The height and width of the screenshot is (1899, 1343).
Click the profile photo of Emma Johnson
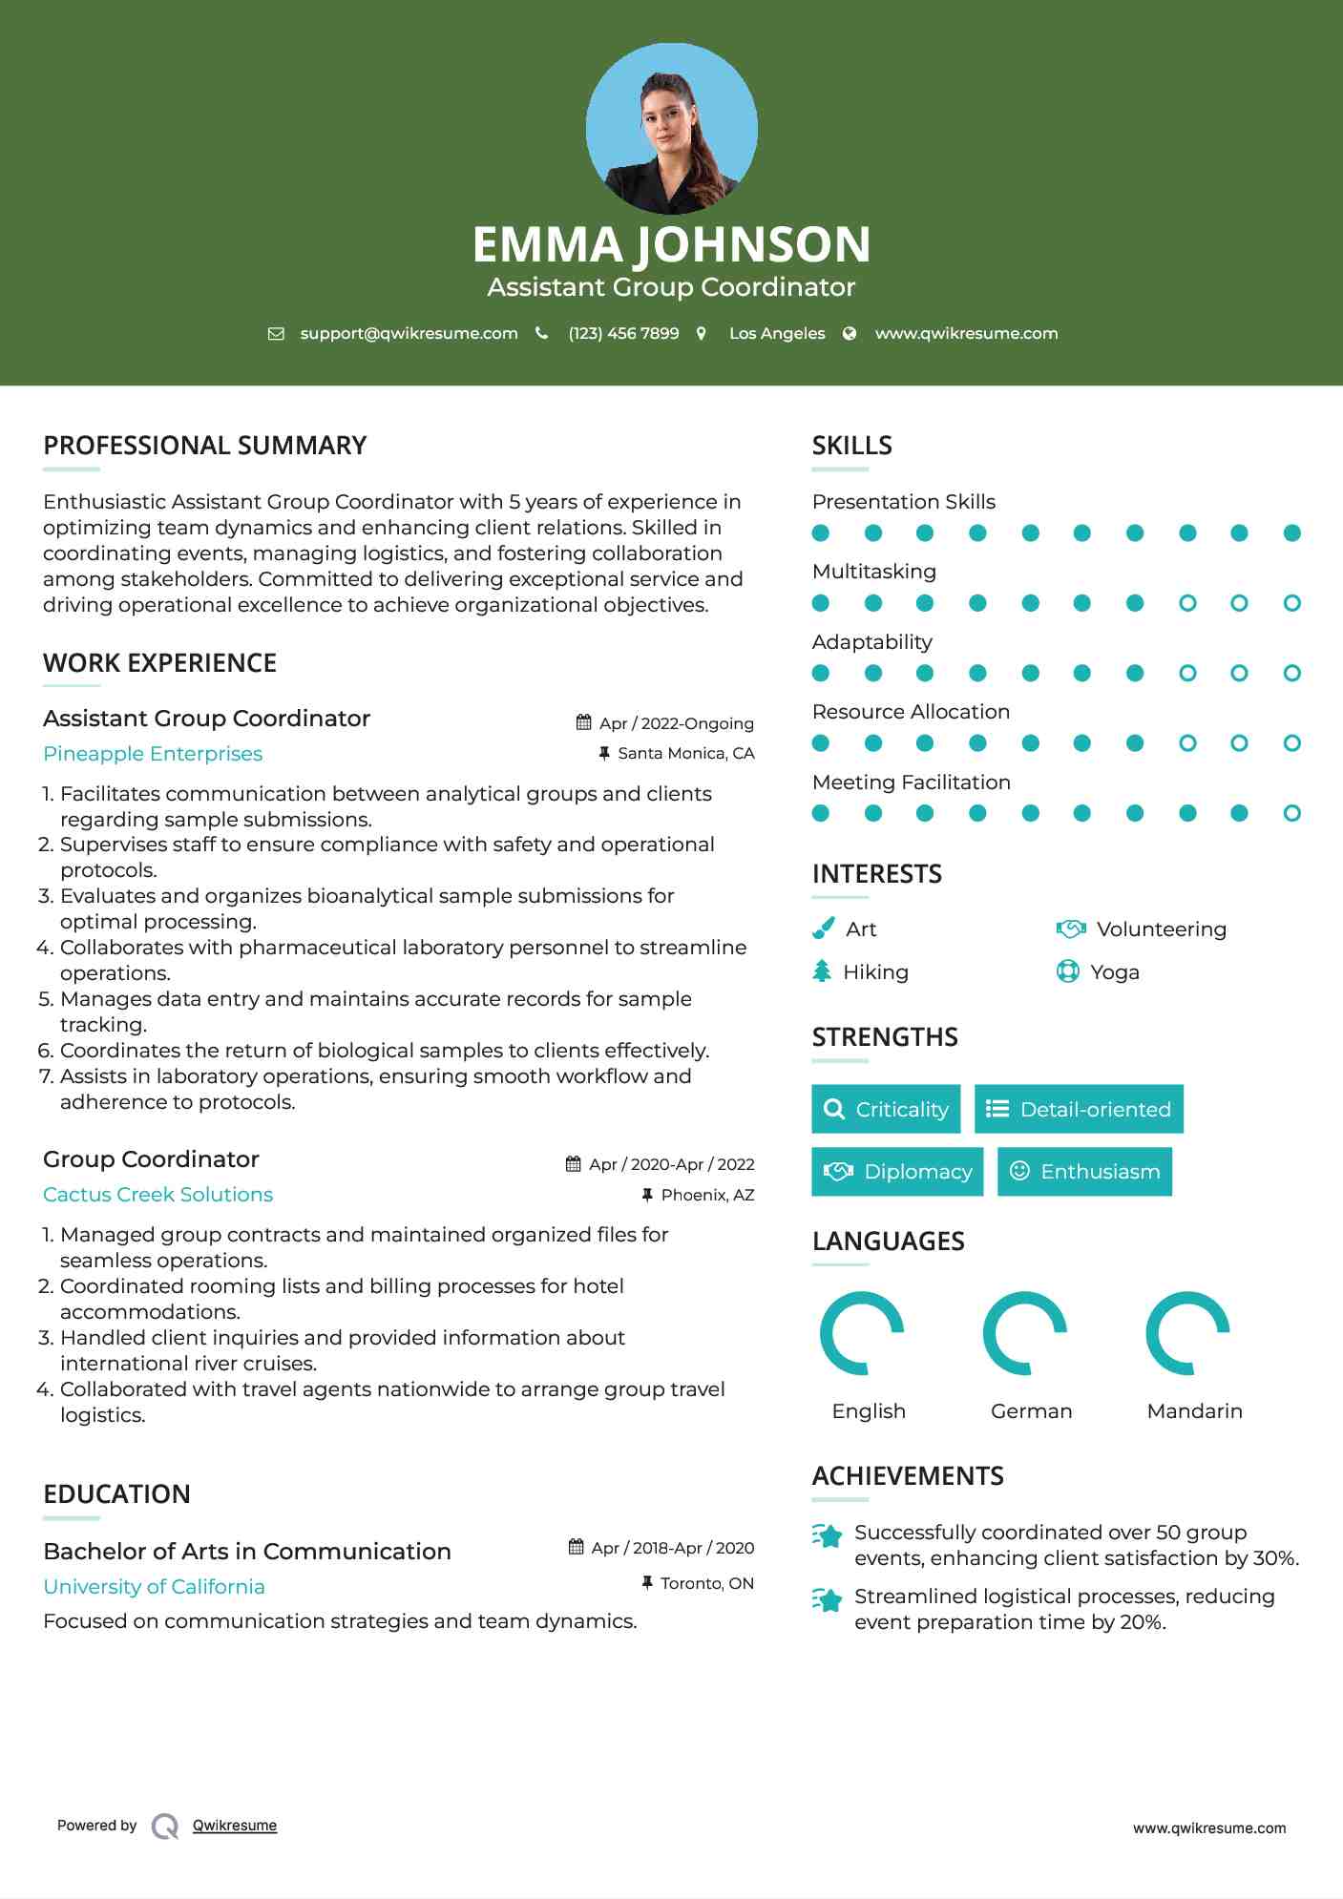click(671, 128)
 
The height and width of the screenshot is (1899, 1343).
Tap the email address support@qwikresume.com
click(409, 333)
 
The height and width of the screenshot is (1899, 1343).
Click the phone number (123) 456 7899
click(623, 333)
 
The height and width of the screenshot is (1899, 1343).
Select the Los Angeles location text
click(777, 333)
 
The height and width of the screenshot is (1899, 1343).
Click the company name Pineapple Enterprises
click(153, 754)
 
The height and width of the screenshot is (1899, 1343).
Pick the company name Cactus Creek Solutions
click(158, 1195)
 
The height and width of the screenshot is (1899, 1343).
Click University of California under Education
click(155, 1587)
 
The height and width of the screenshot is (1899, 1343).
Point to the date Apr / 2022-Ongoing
click(676, 723)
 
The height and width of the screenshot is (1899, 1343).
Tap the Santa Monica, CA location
click(685, 753)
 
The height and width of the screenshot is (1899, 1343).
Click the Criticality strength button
click(886, 1109)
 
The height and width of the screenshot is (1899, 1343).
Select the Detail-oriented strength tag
click(1079, 1109)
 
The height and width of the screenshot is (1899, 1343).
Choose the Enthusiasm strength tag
click(1084, 1172)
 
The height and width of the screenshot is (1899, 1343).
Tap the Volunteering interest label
click(1161, 929)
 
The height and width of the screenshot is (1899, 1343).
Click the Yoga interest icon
click(1068, 971)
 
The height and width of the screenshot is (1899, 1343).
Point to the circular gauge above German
click(1025, 1333)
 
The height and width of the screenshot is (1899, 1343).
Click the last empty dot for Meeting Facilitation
click(1291, 813)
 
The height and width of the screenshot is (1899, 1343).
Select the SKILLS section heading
click(851, 446)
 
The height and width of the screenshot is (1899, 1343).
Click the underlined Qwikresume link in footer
click(235, 1826)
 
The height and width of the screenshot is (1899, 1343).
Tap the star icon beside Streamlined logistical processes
click(828, 1599)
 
